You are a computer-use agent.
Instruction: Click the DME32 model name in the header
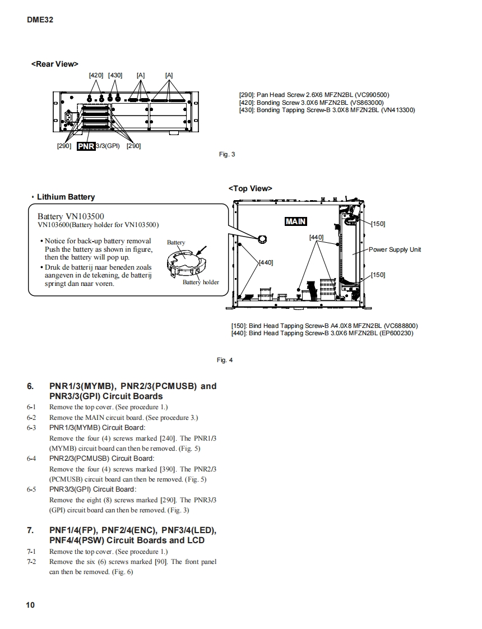tap(40, 20)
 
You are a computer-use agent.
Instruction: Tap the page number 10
tap(30, 605)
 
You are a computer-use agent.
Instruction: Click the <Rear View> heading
tap(55, 64)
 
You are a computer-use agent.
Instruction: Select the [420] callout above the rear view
tap(96, 75)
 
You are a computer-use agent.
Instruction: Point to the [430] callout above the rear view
tap(115, 75)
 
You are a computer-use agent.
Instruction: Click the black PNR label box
tap(86, 146)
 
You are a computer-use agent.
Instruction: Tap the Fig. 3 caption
tap(226, 154)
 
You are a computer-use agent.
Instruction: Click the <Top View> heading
tap(250, 188)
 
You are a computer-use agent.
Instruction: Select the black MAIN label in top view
tap(295, 221)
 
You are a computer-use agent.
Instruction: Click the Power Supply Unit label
tap(395, 249)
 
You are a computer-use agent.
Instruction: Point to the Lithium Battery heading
tap(66, 197)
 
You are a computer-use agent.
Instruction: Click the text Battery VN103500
tap(71, 216)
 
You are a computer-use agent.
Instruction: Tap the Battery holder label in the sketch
tap(201, 282)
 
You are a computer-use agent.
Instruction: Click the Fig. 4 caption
tap(224, 360)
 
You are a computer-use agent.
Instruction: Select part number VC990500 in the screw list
tap(370, 95)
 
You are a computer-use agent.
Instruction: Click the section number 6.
tap(30, 386)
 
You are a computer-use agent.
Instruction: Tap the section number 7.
tap(30, 530)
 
